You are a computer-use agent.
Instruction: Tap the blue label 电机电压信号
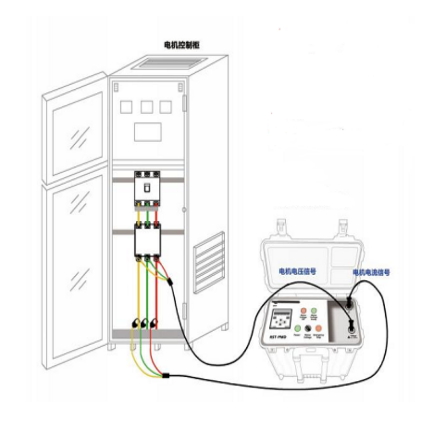click(298, 272)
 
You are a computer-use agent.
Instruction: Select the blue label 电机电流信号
click(372, 273)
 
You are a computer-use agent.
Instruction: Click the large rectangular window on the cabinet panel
click(147, 131)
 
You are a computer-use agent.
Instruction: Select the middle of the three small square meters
click(147, 107)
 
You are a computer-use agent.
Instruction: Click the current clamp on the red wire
click(155, 323)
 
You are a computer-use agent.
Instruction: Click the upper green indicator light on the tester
click(314, 312)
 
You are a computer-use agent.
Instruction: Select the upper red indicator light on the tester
click(303, 312)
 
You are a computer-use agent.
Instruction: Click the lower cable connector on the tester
click(350, 330)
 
